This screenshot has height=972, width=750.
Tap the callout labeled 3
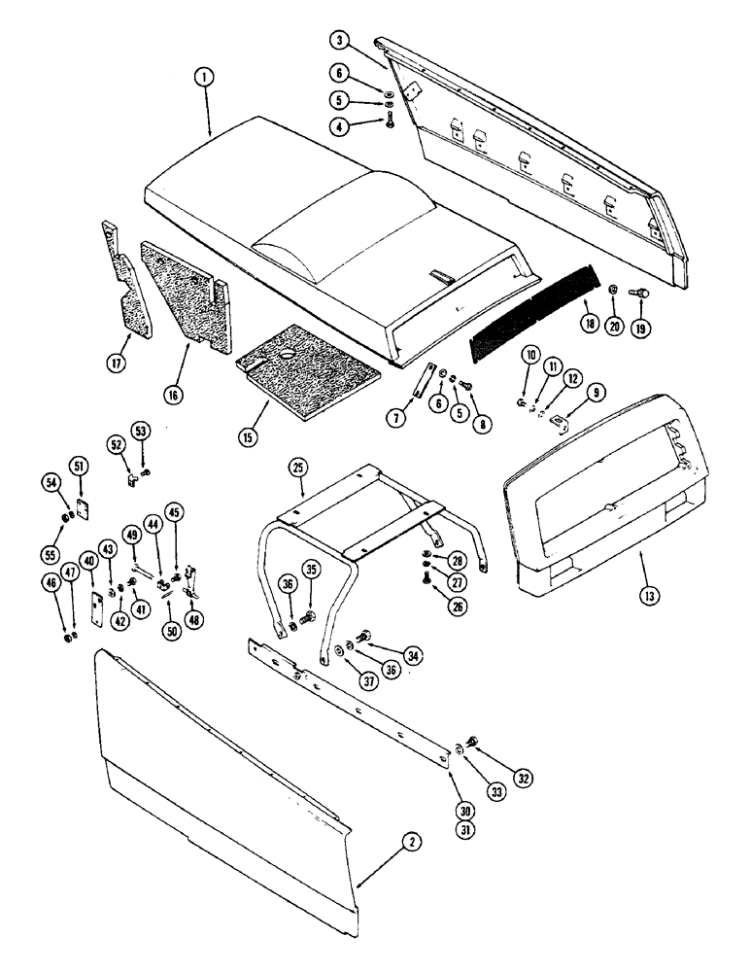pyautogui.click(x=338, y=40)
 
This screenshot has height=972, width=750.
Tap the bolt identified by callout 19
pyautogui.click(x=641, y=293)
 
